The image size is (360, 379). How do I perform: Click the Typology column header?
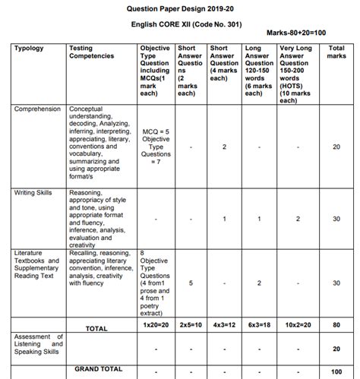coord(30,49)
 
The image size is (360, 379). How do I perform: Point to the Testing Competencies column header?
coord(92,52)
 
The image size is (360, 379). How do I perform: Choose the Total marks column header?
coord(336,52)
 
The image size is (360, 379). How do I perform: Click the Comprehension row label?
coord(37,109)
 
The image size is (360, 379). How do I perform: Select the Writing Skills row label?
coord(33,193)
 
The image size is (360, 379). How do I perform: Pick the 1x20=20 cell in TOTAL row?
coord(156,324)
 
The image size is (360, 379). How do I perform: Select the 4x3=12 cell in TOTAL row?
coord(224,324)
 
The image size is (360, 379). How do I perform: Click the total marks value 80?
coord(336,324)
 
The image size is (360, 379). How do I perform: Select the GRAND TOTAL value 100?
coord(336,371)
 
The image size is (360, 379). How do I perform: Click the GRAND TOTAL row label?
coord(99,368)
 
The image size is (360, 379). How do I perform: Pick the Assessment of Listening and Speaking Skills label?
coord(38,344)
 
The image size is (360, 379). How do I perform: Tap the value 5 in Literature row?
coord(190,283)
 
